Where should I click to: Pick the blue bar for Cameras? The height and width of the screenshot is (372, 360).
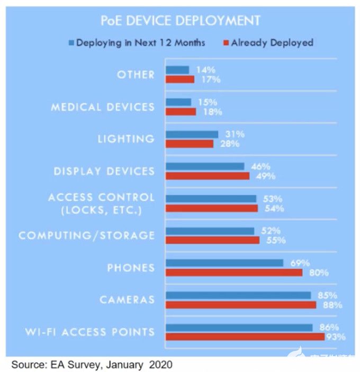point(238,295)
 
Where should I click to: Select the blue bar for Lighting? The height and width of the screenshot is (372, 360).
point(192,135)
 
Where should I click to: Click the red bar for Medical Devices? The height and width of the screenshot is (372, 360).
point(181,112)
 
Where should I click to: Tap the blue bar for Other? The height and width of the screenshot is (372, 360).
point(177,70)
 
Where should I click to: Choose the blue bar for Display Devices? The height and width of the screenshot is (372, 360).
point(205,166)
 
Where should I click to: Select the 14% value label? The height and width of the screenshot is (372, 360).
point(202,70)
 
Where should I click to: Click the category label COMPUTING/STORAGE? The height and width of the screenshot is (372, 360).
point(87,235)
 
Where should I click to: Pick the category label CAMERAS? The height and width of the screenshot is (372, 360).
point(127,300)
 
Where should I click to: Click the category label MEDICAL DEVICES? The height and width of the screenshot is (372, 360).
point(103,107)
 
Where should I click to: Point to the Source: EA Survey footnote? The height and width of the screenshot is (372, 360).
point(92,365)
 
